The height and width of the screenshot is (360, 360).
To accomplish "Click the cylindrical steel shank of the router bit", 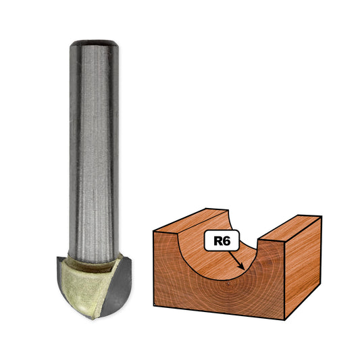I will (94, 149).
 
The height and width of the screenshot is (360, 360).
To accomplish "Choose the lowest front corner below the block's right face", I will (284, 317).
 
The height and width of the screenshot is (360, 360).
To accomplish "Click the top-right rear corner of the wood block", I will (321, 217).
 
